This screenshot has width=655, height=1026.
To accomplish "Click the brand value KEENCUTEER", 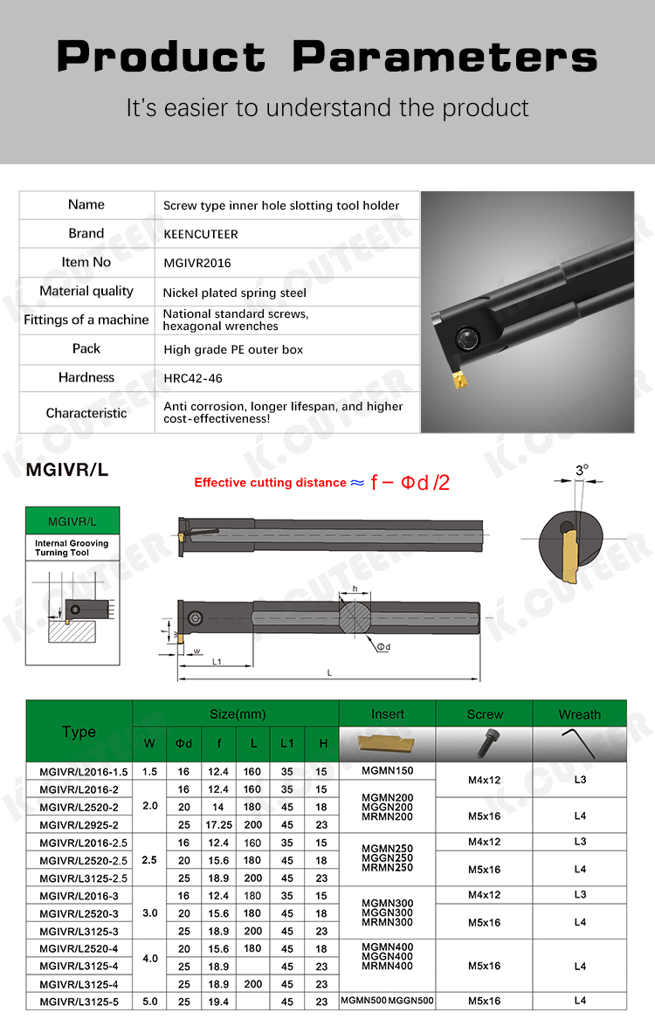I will pyautogui.click(x=201, y=234).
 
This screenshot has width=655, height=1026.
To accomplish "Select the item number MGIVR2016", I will pyautogui.click(x=197, y=263).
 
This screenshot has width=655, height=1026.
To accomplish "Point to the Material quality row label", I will pyautogui.click(x=86, y=292).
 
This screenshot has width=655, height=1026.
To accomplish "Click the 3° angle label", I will pyautogui.click(x=582, y=471).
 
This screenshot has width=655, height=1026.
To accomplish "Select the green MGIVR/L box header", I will pyautogui.click(x=72, y=521).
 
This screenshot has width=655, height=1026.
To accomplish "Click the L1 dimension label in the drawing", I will pyautogui.click(x=217, y=662).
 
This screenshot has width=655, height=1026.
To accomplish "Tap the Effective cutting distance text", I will pyautogui.click(x=270, y=483).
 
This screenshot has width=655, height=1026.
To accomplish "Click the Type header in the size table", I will pyautogui.click(x=79, y=732).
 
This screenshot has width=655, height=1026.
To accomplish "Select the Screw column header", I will pyautogui.click(x=485, y=714).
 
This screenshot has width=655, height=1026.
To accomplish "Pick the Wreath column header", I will pyautogui.click(x=579, y=714).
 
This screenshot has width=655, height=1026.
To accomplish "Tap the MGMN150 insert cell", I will pyautogui.click(x=387, y=771).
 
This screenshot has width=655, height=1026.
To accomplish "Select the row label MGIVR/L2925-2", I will pyautogui.click(x=79, y=824).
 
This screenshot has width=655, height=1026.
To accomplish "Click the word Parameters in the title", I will pyautogui.click(x=445, y=58).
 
